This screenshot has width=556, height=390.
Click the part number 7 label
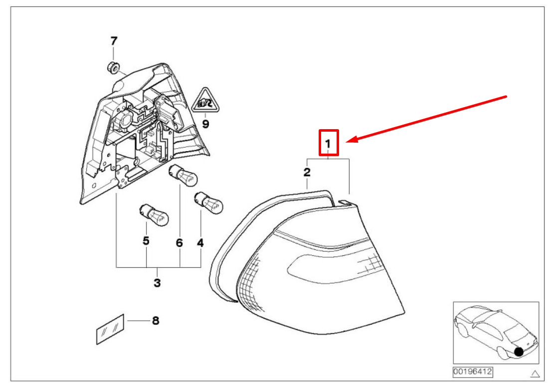tap(113, 40)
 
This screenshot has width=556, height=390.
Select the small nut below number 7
tap(113, 66)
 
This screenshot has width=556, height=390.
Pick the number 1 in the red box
tap(329, 143)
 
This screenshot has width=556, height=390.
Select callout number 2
tap(307, 173)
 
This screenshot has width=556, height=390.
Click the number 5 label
tap(146, 241)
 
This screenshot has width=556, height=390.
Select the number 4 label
tap(200, 243)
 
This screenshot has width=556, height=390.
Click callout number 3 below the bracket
tap(157, 283)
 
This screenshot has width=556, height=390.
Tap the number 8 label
tap(155, 321)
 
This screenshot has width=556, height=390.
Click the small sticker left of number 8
tap(110, 329)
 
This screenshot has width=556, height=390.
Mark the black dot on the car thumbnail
tap(519, 352)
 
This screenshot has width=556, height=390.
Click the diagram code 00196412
tap(472, 372)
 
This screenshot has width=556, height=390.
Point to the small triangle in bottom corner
tap(536, 373)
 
